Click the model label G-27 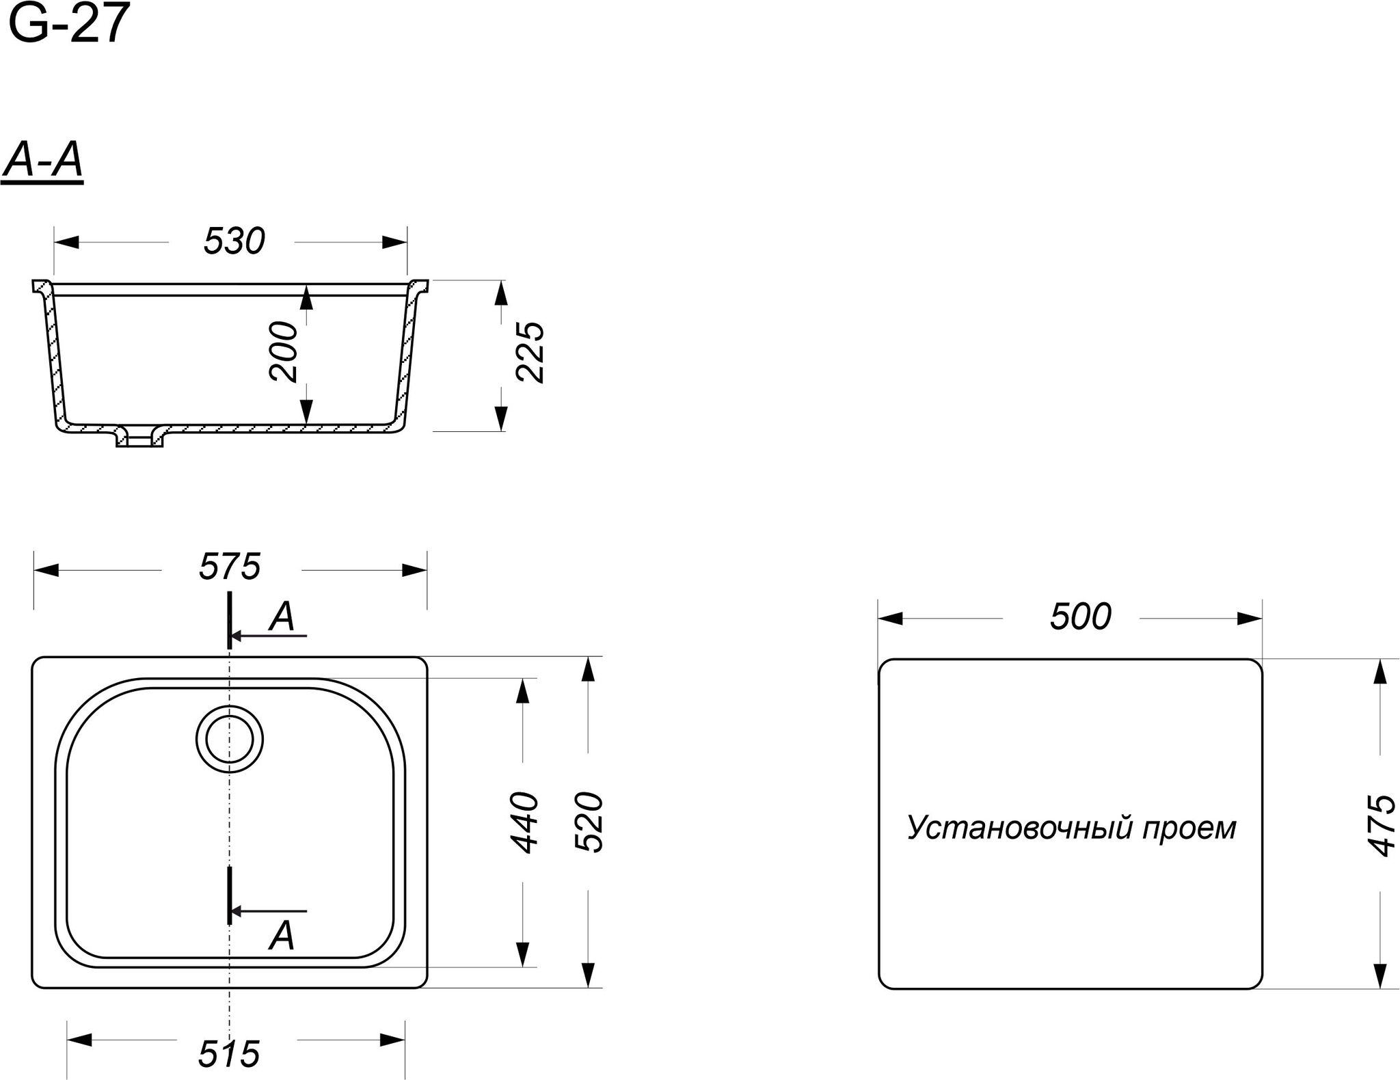click(69, 24)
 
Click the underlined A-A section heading click(42, 163)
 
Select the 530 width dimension click(234, 241)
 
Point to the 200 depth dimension click(284, 351)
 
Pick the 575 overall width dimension click(230, 567)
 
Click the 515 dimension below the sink click(229, 1054)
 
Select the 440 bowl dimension click(524, 822)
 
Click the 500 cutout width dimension click(1081, 617)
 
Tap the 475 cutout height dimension click(1382, 825)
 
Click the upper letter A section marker click(281, 617)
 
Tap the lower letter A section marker click(281, 936)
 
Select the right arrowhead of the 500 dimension click(1250, 619)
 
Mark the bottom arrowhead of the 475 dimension click(1380, 975)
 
